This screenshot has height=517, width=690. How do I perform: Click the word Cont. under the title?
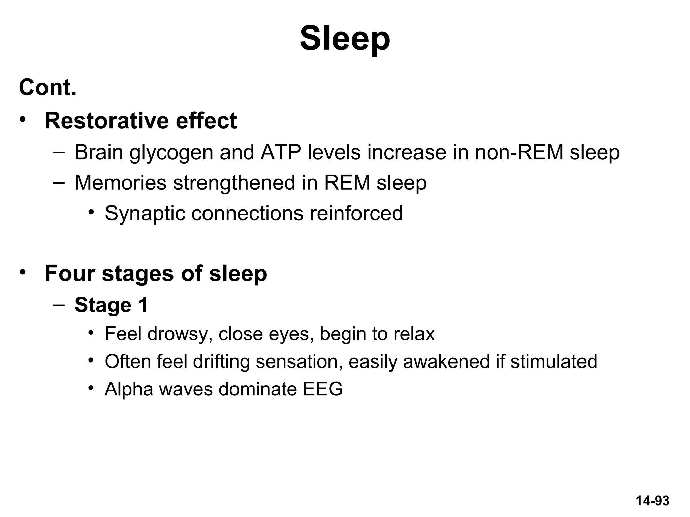(48, 88)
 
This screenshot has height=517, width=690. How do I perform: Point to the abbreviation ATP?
(280, 152)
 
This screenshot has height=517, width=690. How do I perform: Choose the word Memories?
(120, 183)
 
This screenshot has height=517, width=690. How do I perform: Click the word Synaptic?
(145, 213)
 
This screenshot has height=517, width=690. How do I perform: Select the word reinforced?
(356, 213)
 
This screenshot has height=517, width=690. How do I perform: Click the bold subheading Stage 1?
(111, 305)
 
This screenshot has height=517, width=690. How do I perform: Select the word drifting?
(221, 361)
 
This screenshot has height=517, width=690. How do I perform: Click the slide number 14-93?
(652, 501)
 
